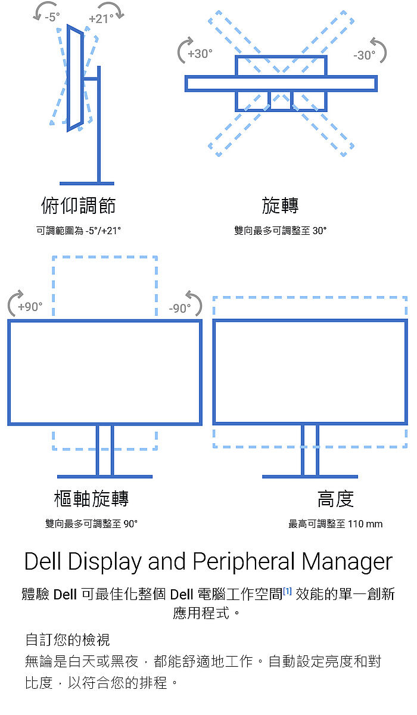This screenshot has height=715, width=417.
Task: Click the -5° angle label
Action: pyautogui.click(x=52, y=17)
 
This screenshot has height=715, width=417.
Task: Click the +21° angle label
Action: pyautogui.click(x=101, y=19)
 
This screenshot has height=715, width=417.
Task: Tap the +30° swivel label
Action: pyautogui.click(x=200, y=54)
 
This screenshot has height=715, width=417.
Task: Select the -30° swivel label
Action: pyautogui.click(x=364, y=55)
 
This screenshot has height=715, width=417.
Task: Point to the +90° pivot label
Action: pyautogui.click(x=30, y=307)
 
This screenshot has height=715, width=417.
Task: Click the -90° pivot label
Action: pyautogui.click(x=180, y=308)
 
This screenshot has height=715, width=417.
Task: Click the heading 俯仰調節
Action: pyautogui.click(x=78, y=206)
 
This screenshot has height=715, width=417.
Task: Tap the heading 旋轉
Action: pyautogui.click(x=280, y=206)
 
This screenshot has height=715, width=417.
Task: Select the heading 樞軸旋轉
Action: pyautogui.click(x=91, y=498)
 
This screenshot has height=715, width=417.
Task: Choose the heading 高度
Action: pyautogui.click(x=335, y=498)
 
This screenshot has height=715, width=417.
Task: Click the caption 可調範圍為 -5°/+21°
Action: pyautogui.click(x=79, y=230)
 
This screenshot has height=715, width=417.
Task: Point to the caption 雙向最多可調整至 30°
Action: pyautogui.click(x=280, y=230)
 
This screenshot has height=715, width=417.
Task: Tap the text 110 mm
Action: pyautogui.click(x=365, y=524)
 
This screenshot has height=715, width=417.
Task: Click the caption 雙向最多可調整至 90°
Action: pyautogui.click(x=91, y=524)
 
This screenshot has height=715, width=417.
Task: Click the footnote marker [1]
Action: pyautogui.click(x=287, y=592)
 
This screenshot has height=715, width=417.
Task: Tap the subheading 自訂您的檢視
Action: pyautogui.click(x=67, y=640)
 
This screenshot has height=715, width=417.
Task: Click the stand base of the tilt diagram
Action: pyautogui.click(x=87, y=183)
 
